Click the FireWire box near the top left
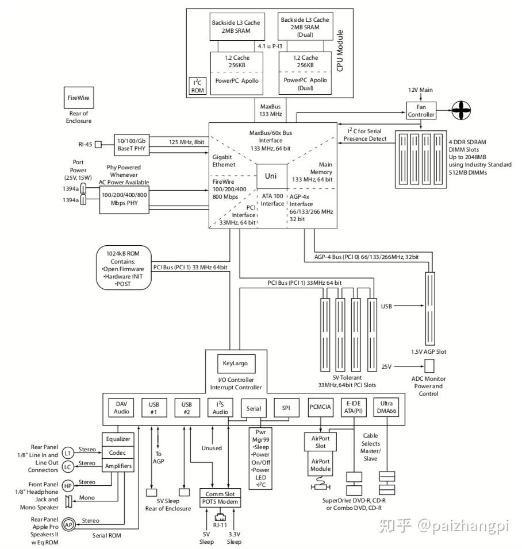79,97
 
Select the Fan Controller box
421,111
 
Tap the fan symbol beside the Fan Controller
460,110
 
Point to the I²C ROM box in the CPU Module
198,86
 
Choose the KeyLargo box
235,364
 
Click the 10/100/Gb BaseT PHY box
132,145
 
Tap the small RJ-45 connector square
98,144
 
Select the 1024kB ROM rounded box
124,268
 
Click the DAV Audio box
121,408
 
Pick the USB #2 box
187,408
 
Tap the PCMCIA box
320,407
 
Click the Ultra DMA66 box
386,407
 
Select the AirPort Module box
320,465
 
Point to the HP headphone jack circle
68,486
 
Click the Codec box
118,453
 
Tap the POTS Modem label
220,502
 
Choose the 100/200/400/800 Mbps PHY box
124,199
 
